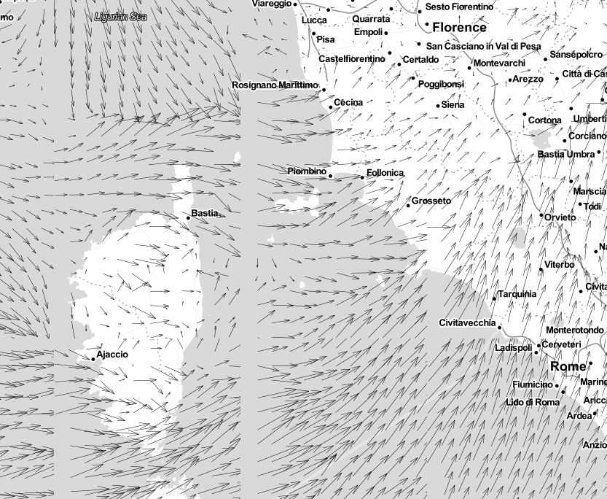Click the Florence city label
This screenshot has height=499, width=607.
coord(459,28)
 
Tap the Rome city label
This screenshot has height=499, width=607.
coord(568,366)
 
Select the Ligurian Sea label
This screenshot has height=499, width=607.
coord(121,16)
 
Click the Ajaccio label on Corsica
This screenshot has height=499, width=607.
coord(112,355)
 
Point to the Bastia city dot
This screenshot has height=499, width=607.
coord(188,218)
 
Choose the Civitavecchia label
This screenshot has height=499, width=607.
coord(467,322)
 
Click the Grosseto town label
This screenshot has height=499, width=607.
coord(431,201)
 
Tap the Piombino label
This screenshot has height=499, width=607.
coord(307,171)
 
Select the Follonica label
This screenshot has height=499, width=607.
coord(385,173)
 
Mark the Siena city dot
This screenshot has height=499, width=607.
coord(439,106)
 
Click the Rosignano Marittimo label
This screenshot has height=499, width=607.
coord(275,85)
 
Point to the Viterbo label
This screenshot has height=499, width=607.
coord(560,264)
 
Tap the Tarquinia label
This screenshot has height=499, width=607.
coord(517,294)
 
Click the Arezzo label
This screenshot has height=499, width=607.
coord(528,79)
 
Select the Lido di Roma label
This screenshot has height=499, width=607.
coord(533,402)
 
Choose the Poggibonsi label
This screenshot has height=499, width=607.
coord(441,84)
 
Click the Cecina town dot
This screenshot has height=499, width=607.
coord(330,107)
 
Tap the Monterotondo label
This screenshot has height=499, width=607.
coord(575,330)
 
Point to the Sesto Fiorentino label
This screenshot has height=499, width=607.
coord(459,7)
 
